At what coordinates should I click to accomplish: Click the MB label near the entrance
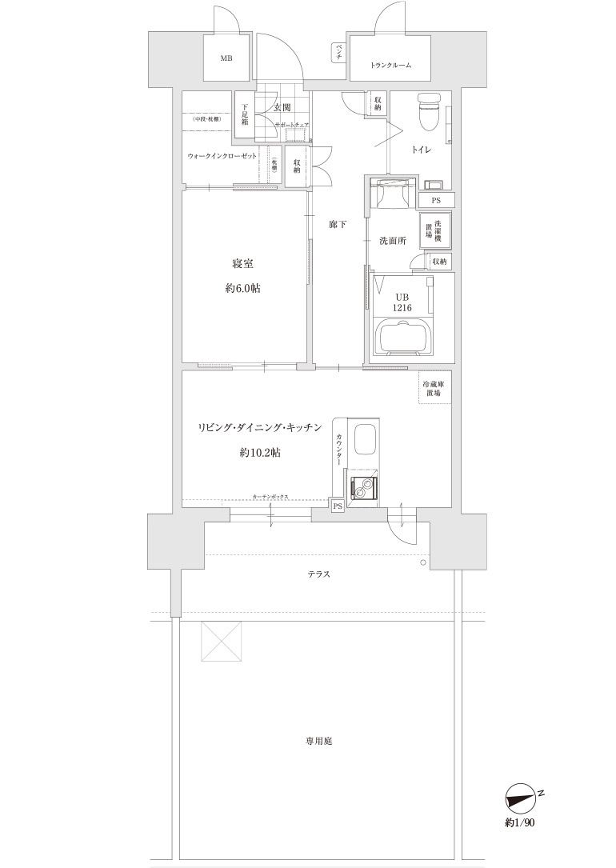click(x=226, y=58)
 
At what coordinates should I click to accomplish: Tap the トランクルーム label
click(x=391, y=66)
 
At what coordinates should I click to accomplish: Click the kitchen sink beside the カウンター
click(x=364, y=444)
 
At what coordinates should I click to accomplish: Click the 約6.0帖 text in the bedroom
click(x=242, y=289)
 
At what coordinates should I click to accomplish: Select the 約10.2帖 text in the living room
click(x=259, y=452)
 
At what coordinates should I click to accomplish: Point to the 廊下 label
click(x=338, y=225)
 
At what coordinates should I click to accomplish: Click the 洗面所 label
click(x=393, y=241)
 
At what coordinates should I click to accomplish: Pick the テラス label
click(x=318, y=574)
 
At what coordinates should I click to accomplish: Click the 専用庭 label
click(x=318, y=741)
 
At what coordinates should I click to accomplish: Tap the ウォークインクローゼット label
click(x=222, y=156)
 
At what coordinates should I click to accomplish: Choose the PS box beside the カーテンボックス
click(x=338, y=506)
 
